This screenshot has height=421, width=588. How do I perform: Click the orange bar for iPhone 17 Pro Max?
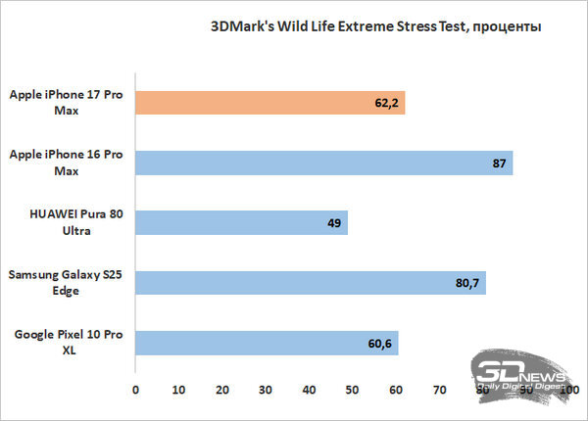click(x=269, y=103)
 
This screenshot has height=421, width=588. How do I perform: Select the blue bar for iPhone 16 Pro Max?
click(x=323, y=163)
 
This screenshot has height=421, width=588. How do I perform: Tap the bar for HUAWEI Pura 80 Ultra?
click(x=241, y=223)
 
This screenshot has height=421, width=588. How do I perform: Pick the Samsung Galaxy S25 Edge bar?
click(x=310, y=283)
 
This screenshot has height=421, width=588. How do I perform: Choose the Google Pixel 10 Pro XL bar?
click(x=267, y=343)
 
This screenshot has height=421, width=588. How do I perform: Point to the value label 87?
click(x=499, y=163)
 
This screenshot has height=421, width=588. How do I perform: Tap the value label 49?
click(x=332, y=223)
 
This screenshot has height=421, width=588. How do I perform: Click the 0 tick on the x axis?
click(x=135, y=390)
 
